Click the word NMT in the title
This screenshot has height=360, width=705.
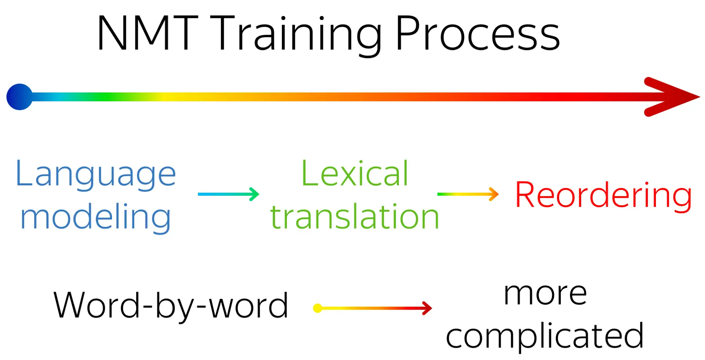coord(148,33)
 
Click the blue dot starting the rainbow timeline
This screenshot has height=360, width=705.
coord(20,97)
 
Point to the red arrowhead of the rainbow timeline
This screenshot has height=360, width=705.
coord(671,97)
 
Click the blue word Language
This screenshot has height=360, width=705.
coord(96,175)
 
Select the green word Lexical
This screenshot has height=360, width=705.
coord(355,173)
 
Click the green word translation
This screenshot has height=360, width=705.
coord(355,217)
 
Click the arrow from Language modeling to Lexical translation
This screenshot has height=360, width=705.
coord(229,194)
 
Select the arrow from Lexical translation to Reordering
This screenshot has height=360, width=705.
coord(468,194)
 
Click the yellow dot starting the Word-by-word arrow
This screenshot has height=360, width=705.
coord(318,308)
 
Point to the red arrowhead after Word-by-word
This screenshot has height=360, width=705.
coord(427,308)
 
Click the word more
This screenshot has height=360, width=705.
coord(545,294)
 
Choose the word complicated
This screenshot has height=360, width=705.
coord(545,336)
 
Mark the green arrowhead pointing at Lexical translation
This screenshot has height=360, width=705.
coord(254,194)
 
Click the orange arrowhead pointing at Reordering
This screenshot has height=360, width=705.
coord(494,194)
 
